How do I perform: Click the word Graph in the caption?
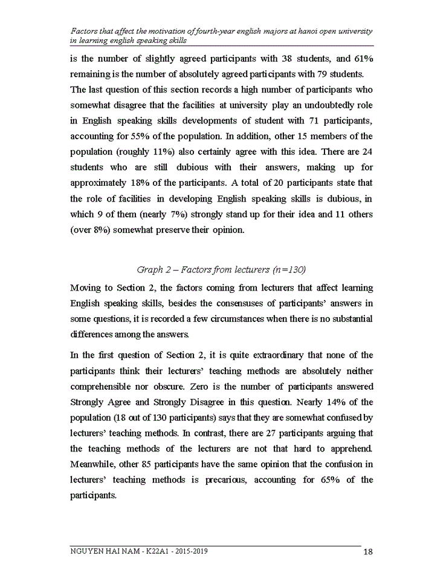(x=149, y=269)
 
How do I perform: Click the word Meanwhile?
(x=94, y=464)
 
